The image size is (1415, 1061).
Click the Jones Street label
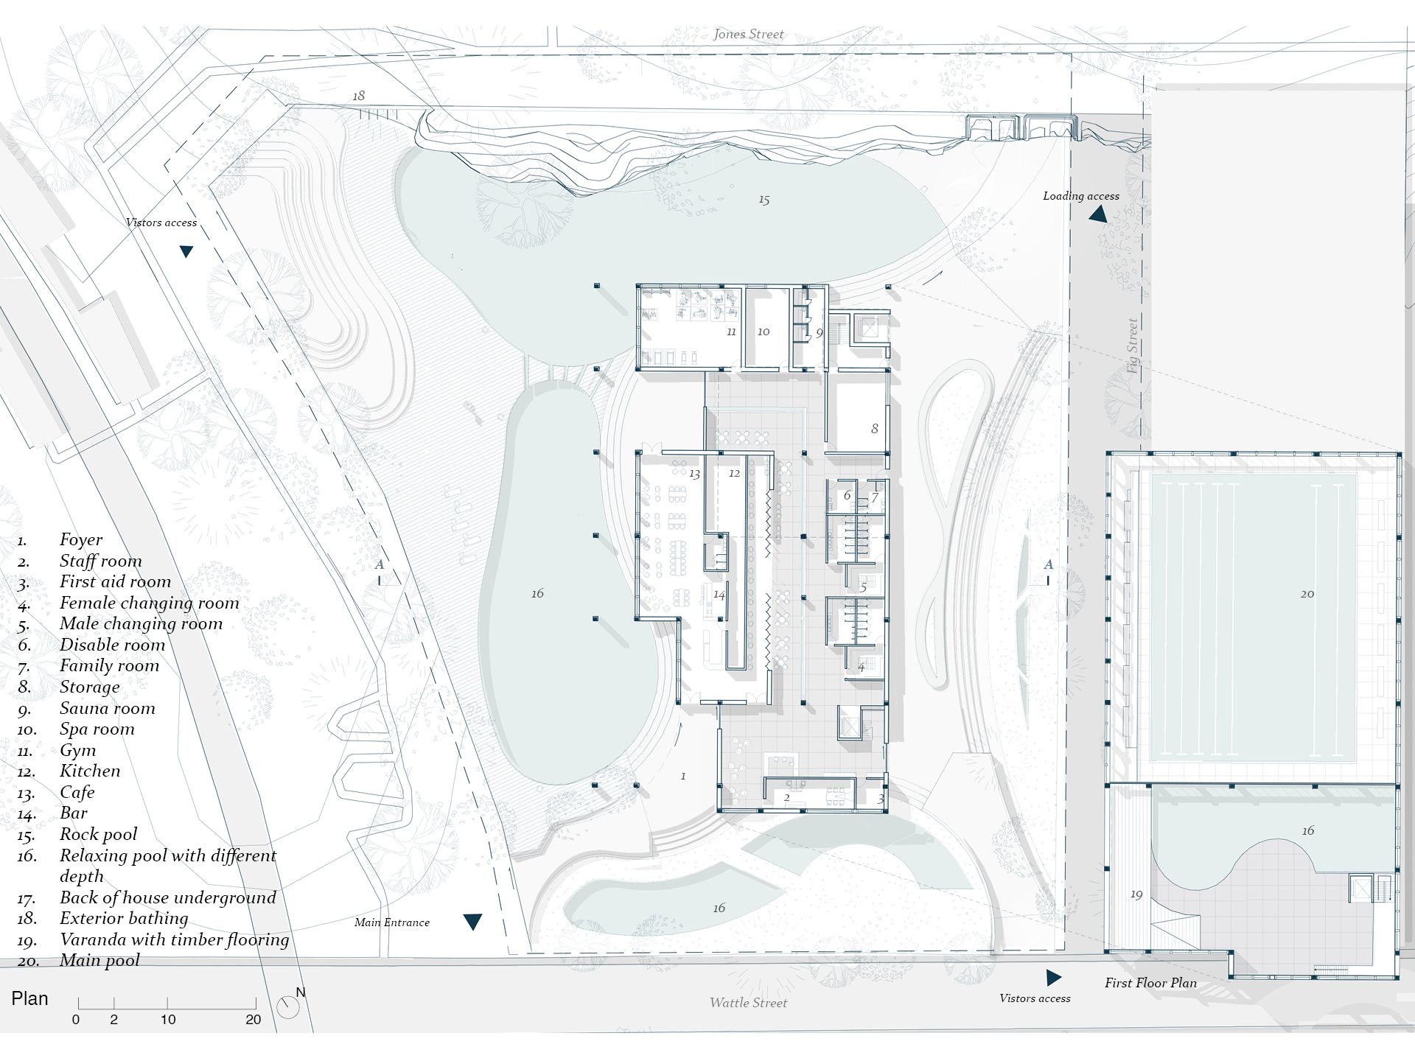tap(748, 34)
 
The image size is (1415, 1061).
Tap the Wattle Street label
tap(748, 1002)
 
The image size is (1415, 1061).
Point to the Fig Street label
tap(1133, 346)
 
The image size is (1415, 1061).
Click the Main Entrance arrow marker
tap(472, 922)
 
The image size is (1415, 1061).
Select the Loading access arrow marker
tap(1098, 214)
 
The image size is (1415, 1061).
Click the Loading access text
tap(1080, 196)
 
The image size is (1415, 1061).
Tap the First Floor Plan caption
tap(1150, 983)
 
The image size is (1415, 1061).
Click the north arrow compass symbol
tap(288, 1006)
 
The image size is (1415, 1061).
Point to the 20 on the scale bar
tap(254, 1020)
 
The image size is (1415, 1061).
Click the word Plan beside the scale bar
tap(29, 999)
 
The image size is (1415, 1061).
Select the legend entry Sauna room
tap(108, 708)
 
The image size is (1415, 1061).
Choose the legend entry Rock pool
tap(99, 834)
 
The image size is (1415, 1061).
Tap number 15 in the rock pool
tap(764, 200)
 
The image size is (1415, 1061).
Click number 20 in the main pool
tap(1307, 594)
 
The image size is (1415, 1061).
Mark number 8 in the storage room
tap(875, 429)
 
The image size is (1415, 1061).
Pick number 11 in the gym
tap(731, 332)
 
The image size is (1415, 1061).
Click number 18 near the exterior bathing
tap(358, 96)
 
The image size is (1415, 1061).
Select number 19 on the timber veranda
tap(1136, 894)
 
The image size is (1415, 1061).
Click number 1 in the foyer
tap(683, 776)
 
